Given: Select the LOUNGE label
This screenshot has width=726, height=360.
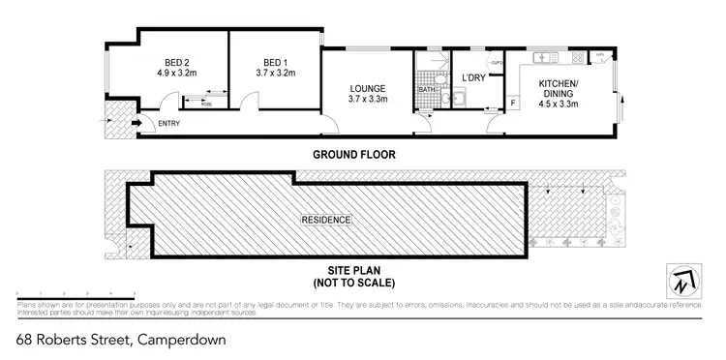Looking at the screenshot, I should point(368,93).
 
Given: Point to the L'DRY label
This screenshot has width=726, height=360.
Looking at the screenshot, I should point(472,77).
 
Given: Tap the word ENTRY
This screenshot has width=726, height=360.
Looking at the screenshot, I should point(168,123).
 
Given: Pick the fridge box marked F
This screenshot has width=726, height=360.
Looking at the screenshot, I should point(512,102).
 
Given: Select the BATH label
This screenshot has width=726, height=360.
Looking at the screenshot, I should point(425,89).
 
